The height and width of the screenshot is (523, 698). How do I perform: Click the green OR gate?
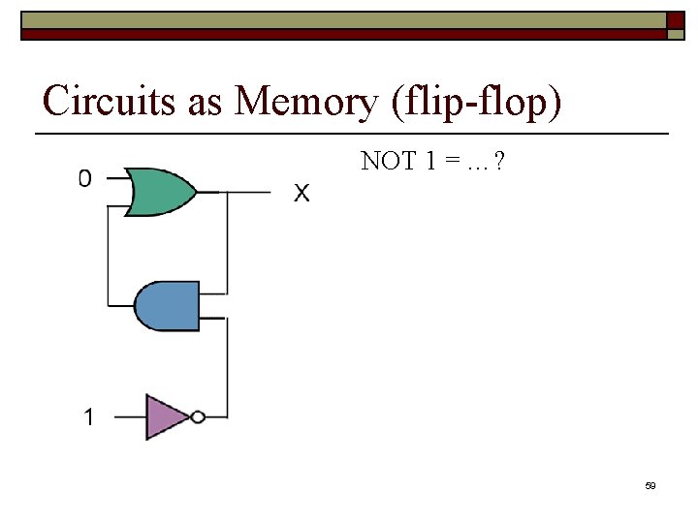pos(160,192)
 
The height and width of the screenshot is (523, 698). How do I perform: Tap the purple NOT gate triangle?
pos(165,417)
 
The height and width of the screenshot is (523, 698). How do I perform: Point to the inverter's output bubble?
pos(198,417)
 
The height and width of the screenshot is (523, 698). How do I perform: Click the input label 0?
pos(85,178)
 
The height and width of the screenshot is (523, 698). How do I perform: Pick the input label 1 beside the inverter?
pos(89,417)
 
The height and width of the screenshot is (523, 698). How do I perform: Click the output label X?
pos(302,195)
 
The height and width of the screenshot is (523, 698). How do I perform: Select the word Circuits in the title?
pos(111,101)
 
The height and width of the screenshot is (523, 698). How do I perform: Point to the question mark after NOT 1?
pos(497,162)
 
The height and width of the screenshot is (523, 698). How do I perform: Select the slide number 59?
pos(650,485)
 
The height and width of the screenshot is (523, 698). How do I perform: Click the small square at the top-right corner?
pos(675,33)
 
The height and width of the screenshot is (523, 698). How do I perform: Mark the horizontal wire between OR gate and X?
pos(242,192)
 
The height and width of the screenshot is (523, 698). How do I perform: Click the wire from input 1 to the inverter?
pos(129,417)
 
